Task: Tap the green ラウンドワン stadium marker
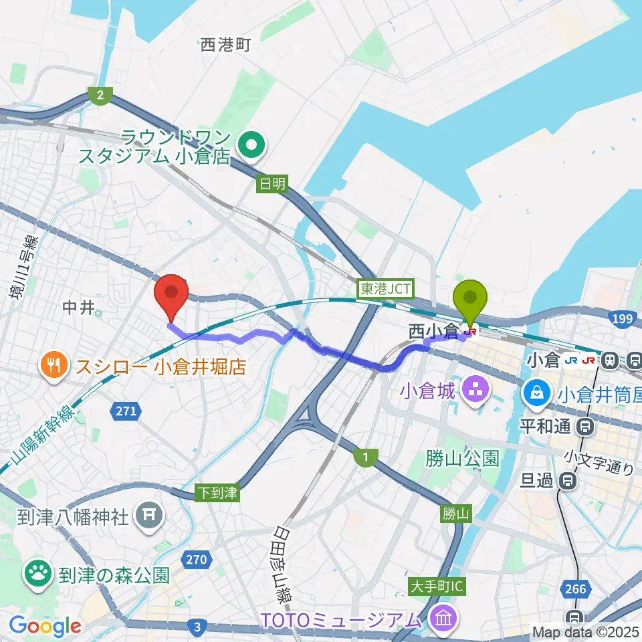[252, 142]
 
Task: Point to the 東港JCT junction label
[387, 290]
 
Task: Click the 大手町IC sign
[437, 587]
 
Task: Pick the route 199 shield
[621, 319]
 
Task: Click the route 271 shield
[124, 411]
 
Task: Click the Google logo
[45, 626]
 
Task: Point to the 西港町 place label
[225, 45]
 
